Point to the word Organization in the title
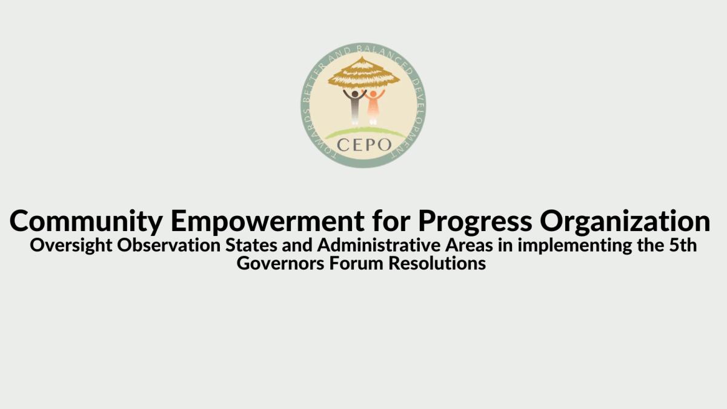tap(625, 223)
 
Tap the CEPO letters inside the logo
tap(363, 145)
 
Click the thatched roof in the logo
tap(363, 73)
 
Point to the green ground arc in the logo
tap(363, 131)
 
